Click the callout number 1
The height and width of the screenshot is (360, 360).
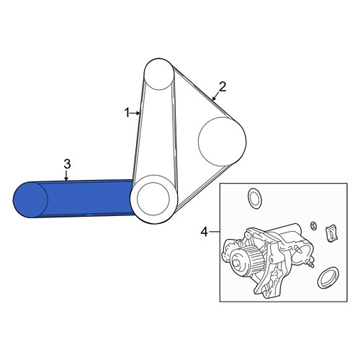click(x=127, y=112)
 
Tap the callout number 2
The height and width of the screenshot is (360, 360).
click(x=222, y=87)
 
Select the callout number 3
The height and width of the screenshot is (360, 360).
click(x=67, y=164)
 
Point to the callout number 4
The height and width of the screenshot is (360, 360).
click(x=204, y=232)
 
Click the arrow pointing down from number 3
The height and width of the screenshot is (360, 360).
click(x=66, y=175)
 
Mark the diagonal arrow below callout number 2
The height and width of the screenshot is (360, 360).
click(x=216, y=96)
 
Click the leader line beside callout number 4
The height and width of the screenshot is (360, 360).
click(x=215, y=232)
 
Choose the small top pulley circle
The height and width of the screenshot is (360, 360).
click(x=158, y=74)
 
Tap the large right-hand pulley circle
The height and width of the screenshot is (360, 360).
click(x=222, y=142)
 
